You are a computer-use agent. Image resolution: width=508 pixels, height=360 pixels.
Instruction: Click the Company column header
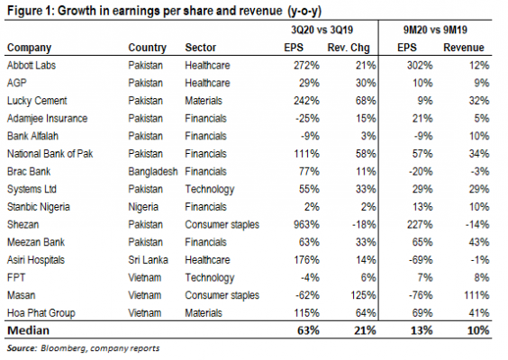pos(29,48)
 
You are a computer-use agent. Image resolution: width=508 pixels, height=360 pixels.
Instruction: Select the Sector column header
pos(200,48)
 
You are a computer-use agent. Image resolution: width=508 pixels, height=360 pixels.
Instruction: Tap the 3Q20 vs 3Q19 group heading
pos(322,30)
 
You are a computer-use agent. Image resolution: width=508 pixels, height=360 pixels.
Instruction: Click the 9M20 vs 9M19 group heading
pos(435,30)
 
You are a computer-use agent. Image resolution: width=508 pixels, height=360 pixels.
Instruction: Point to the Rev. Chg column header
pos(349,48)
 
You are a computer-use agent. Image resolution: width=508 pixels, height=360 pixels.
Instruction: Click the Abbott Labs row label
pos(32,66)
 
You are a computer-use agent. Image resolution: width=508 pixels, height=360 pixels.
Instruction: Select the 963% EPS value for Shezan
pos(306,225)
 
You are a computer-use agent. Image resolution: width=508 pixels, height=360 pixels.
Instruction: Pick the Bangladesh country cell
pos(153,172)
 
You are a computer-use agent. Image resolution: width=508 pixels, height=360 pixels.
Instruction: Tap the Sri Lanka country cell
pos(148,260)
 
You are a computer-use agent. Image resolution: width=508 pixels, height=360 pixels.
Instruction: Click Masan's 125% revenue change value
pos(363,295)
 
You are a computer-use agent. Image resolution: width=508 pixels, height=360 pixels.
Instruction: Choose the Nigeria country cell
pos(143,207)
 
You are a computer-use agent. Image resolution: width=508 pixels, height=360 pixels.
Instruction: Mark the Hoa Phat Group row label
pos(41,313)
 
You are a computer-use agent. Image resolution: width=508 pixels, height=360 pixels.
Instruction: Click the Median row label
pos(28,330)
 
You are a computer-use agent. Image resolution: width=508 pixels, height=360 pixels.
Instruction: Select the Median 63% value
pos(308,330)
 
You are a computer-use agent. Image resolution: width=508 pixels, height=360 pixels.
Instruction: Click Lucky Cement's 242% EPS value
pos(306,101)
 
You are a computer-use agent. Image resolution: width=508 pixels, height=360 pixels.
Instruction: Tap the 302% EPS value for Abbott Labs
pos(420,66)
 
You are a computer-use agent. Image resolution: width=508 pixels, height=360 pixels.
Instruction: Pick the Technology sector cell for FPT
pos(210,278)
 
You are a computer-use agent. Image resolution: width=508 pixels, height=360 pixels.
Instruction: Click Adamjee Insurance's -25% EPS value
pos(307,119)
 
